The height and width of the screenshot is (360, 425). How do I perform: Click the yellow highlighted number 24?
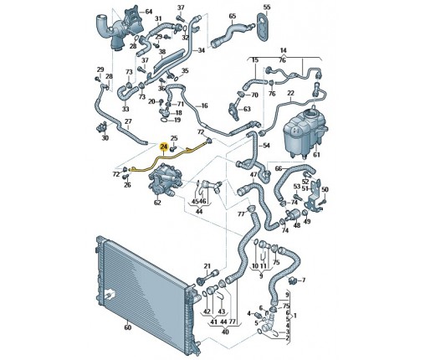click(x=163, y=147)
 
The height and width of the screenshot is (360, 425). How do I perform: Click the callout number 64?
click(x=149, y=12)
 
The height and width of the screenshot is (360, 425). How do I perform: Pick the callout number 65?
click(x=233, y=16)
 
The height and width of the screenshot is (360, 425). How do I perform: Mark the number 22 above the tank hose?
click(x=290, y=93)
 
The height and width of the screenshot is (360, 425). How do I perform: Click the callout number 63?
click(x=247, y=109)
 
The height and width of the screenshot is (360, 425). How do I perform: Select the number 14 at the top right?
click(x=283, y=50)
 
